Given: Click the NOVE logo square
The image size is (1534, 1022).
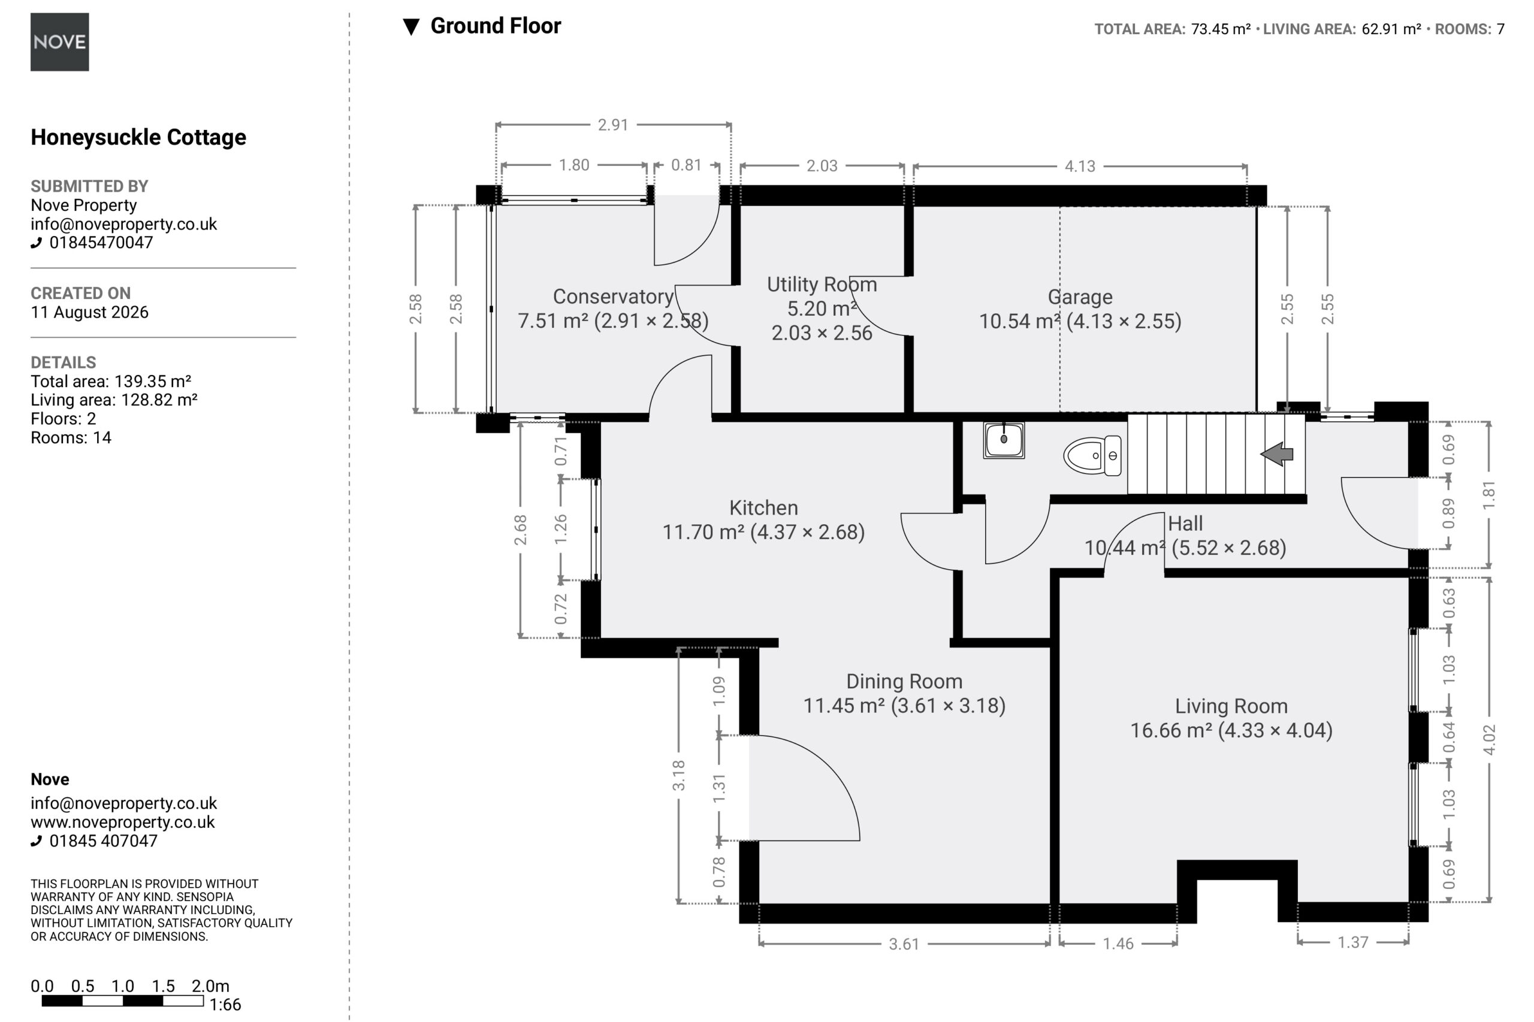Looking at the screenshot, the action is click(59, 42).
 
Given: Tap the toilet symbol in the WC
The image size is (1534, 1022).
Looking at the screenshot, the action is click(1092, 455).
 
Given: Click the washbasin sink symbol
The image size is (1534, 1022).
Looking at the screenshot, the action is click(1004, 440).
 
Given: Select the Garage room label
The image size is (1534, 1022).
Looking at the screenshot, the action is click(1080, 297).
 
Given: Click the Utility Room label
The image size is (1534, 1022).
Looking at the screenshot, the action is click(822, 284).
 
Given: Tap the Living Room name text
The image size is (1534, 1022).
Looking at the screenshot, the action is click(1231, 706).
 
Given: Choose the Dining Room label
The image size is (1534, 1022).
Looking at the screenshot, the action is click(904, 681).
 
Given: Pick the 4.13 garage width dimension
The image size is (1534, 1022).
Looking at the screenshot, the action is click(1080, 166).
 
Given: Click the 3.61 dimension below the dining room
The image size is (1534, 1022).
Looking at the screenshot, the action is click(904, 944).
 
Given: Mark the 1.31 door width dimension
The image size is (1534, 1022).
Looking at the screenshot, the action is click(718, 788).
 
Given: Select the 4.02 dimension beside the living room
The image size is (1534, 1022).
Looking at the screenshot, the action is click(1489, 739).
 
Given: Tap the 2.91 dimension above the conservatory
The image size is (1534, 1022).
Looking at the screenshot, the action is click(613, 125).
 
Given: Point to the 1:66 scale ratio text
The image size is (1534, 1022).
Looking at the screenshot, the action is click(225, 1005).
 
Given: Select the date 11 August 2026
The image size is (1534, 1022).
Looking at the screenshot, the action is click(89, 312).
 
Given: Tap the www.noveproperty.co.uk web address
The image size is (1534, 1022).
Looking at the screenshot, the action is click(123, 822).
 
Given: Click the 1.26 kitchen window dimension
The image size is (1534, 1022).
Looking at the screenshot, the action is click(560, 529).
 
